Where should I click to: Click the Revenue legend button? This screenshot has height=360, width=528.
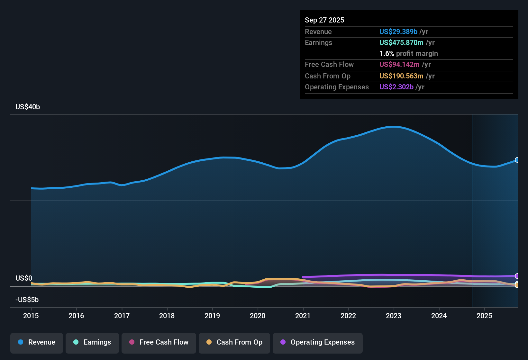(37, 342)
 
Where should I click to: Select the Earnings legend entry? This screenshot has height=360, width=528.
(92, 342)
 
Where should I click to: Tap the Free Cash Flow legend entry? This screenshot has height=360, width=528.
(159, 342)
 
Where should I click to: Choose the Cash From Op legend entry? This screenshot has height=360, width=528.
(234, 342)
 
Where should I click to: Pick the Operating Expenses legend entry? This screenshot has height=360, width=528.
(318, 342)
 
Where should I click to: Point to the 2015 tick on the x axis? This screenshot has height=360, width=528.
(31, 316)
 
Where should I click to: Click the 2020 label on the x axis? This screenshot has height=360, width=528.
(258, 316)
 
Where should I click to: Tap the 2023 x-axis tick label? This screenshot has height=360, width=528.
(394, 316)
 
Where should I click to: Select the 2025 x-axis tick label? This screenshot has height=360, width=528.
(484, 316)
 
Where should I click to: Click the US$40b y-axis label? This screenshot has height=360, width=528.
(28, 107)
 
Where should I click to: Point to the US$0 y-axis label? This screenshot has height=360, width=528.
(24, 278)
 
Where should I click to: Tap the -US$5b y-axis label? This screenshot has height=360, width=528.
(27, 300)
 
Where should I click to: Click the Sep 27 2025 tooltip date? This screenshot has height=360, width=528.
(324, 20)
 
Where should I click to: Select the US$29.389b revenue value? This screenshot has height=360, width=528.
(398, 32)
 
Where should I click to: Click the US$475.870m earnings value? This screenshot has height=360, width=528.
(401, 42)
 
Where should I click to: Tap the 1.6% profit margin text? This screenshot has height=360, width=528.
(408, 53)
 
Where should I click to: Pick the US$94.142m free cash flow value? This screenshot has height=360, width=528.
(399, 64)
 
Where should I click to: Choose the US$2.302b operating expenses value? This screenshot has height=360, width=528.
(396, 87)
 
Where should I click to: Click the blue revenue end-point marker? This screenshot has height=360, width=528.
(517, 160)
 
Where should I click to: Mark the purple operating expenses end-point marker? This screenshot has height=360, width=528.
(517, 276)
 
